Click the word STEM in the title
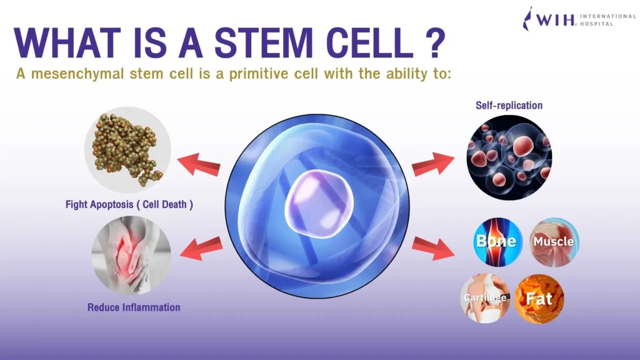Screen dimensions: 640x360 [x=264, y=42]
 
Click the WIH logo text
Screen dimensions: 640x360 [x=555, y=19]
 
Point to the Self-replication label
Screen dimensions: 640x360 [x=509, y=105]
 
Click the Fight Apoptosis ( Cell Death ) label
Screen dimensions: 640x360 [x=129, y=204]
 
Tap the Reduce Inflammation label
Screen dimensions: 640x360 [x=134, y=307]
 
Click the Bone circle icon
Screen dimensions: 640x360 [x=497, y=242]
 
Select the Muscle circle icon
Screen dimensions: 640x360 [x=554, y=242]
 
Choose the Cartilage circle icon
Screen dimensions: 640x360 [x=485, y=298]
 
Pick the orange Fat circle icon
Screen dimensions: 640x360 [x=539, y=299]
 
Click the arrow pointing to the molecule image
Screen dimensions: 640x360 [x=199, y=164]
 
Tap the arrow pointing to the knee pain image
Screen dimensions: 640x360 [x=201, y=248]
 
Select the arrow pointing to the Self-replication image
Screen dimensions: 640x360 [x=433, y=164]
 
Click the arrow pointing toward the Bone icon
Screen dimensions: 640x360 [x=433, y=248]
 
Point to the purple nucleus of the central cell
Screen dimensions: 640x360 [x=319, y=204]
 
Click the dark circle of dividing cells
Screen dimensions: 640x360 [x=509, y=157]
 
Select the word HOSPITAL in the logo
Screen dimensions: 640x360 [x=597, y=24]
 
